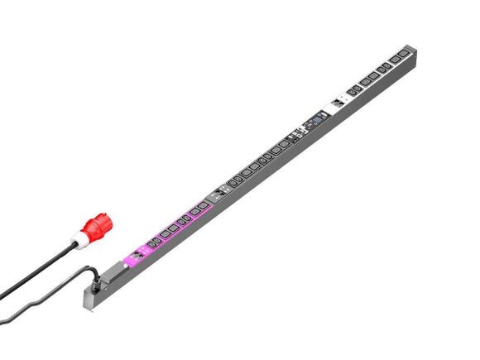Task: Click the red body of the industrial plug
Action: click(x=98, y=225)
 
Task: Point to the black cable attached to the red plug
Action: click(x=41, y=269)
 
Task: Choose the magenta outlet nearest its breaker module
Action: click(x=152, y=243)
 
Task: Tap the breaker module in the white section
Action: click(x=338, y=103)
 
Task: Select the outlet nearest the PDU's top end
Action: click(x=402, y=56)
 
